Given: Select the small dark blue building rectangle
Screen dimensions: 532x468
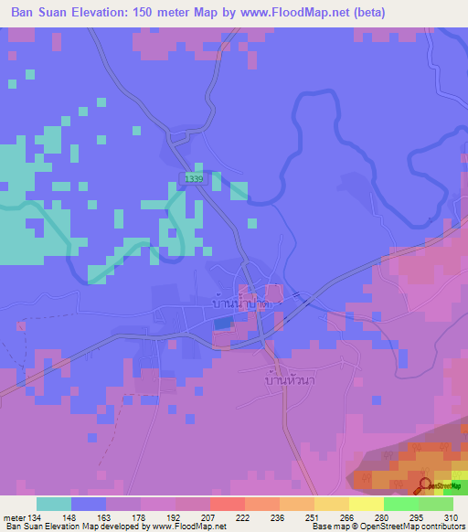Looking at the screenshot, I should (222, 323).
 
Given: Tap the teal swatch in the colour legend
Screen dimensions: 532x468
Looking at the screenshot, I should (54, 504).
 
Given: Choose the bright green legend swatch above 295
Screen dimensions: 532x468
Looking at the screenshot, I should (400, 504).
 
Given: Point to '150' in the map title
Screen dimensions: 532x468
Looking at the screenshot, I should (159, 13).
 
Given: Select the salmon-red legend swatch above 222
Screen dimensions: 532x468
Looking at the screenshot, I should (227, 504).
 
